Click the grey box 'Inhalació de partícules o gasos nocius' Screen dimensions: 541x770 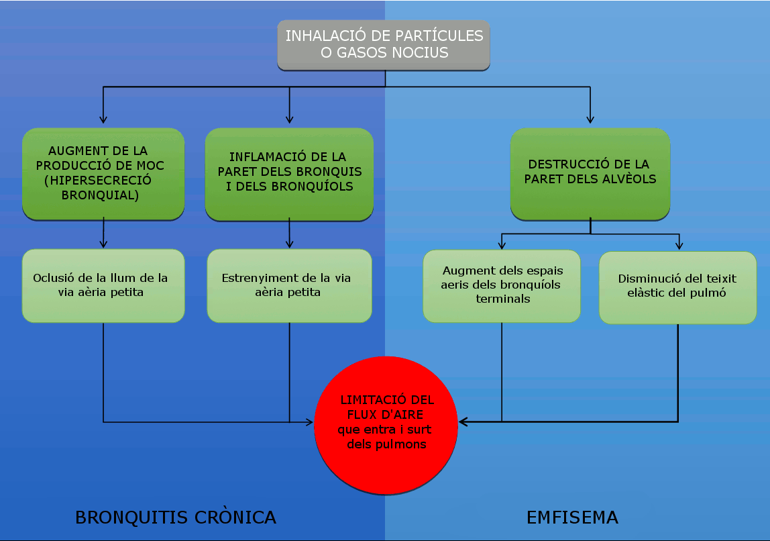[384, 44]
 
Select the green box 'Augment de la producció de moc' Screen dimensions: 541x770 [103, 173]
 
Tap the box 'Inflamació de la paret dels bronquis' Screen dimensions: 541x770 [289, 174]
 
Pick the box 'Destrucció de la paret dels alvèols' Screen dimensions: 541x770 [590, 173]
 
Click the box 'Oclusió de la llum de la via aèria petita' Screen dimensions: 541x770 [103, 285]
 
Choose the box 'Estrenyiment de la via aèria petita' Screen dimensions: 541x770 [289, 285]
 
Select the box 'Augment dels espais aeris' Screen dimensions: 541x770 [502, 285]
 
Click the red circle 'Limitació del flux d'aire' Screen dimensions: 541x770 [386, 426]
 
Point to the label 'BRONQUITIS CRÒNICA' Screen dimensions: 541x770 [176, 518]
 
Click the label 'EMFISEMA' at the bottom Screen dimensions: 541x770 [572, 518]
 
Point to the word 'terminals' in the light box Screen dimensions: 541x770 [503, 299]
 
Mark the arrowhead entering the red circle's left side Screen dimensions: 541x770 [310, 423]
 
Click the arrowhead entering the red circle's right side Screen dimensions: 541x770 [463, 422]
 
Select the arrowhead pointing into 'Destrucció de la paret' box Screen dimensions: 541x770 [590, 120]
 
